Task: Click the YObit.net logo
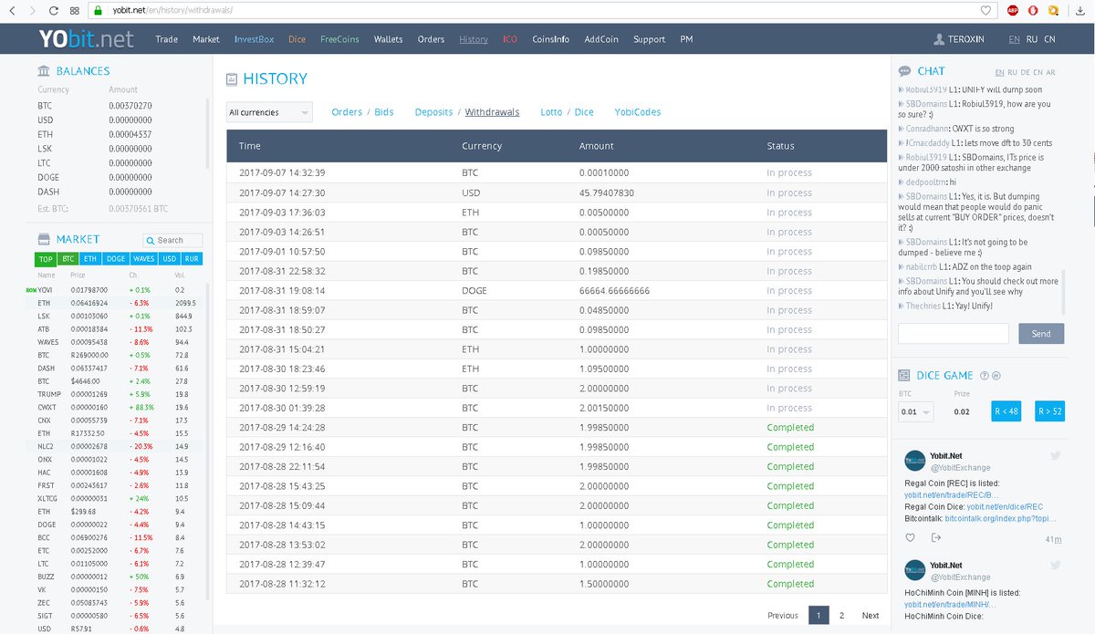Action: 86,38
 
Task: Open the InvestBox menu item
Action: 254,39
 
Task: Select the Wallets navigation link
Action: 388,39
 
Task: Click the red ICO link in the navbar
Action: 509,39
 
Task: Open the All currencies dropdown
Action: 269,112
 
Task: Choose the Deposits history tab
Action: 433,112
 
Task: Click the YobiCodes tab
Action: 637,112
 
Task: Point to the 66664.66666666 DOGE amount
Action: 614,291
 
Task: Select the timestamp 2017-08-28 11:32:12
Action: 282,584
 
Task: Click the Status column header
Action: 780,146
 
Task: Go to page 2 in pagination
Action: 841,615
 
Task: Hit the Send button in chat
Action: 1040,334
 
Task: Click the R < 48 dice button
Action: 1006,411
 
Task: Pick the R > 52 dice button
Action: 1050,411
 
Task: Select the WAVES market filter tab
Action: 143,259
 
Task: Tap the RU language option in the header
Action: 1032,39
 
